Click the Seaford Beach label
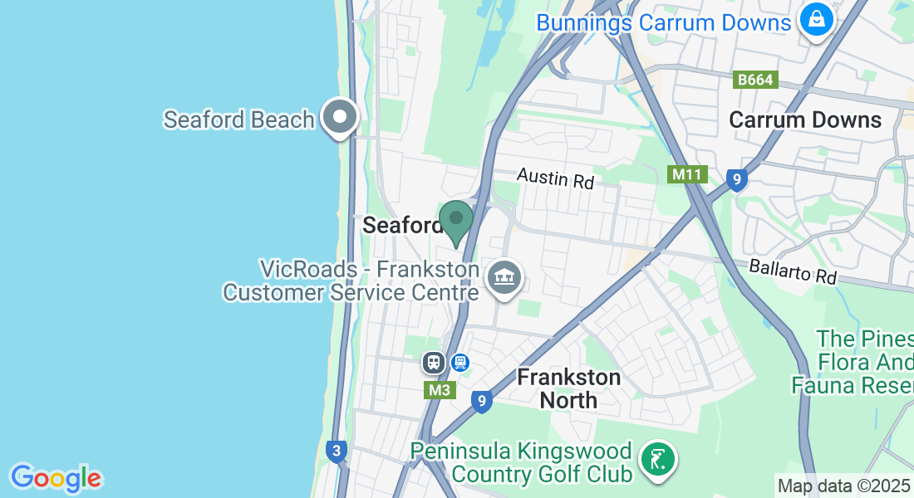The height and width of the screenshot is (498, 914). (x=239, y=120)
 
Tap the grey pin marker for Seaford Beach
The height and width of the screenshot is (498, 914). (x=339, y=117)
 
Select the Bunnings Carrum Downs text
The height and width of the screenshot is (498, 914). (x=663, y=22)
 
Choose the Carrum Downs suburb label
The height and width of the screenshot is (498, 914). (x=804, y=120)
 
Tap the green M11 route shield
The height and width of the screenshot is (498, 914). (x=686, y=174)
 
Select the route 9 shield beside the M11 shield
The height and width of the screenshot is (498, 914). (x=735, y=179)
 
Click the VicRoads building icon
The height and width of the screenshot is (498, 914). (x=504, y=276)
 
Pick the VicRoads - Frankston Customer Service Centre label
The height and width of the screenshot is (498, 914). (x=351, y=281)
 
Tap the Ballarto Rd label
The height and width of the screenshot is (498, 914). (x=792, y=271)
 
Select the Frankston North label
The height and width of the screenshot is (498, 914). (x=568, y=388)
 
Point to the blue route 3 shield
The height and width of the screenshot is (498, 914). (x=335, y=449)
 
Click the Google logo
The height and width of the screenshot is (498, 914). (x=57, y=478)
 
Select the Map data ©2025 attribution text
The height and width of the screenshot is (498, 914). (x=843, y=486)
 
